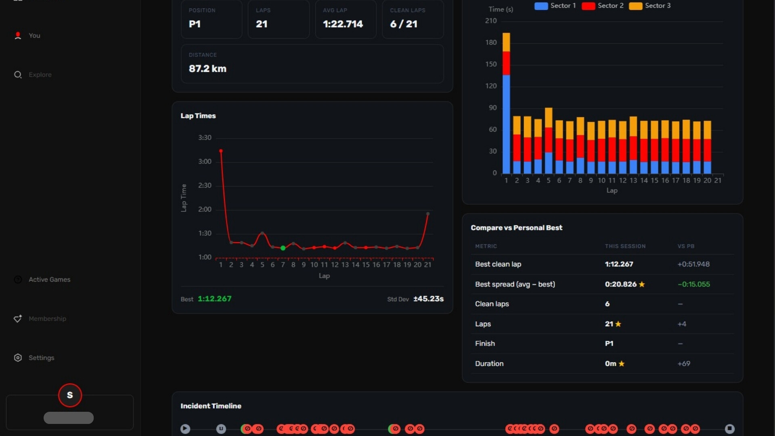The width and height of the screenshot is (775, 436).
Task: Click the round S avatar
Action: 70,395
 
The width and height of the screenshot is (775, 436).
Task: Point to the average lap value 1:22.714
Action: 343,24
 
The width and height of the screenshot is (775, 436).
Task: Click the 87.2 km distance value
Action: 207,69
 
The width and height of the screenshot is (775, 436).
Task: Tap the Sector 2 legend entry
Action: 603,6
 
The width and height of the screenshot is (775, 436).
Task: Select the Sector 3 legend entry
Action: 650,6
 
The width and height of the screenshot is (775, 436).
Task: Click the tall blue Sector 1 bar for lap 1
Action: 506,124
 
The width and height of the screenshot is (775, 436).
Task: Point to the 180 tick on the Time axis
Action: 491,42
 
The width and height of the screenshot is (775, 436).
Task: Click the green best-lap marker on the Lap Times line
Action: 283,248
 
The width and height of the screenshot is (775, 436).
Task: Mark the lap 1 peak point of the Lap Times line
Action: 221,151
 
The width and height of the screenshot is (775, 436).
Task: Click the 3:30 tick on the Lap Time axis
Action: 205,138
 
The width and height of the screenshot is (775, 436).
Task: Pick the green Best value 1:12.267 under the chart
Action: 214,299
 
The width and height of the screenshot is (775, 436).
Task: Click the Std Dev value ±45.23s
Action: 428,299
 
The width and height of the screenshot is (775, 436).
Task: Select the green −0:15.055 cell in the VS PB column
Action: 693,284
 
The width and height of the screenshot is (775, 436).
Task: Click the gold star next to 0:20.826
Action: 642,284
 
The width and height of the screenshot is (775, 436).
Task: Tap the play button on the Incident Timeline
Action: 185,429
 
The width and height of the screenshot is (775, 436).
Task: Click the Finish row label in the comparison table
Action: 485,344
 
